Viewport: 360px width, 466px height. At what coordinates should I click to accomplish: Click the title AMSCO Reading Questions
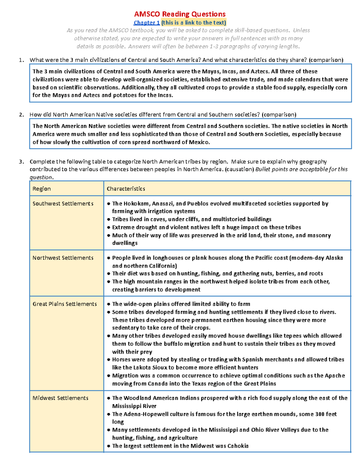(x=180, y=14)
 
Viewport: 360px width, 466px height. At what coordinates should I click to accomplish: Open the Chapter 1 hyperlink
(x=147, y=23)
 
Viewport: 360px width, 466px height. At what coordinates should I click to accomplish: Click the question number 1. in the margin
(x=21, y=60)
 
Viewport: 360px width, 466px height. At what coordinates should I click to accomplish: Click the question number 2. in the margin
(x=21, y=115)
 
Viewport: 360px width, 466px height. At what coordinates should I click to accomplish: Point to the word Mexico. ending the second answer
(x=199, y=142)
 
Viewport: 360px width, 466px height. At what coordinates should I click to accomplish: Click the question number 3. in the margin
(x=21, y=162)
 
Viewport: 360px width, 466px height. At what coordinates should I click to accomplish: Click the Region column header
(x=42, y=189)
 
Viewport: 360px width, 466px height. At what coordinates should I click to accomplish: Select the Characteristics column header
(x=126, y=189)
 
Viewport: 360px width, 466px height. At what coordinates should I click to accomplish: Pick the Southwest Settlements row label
(x=63, y=204)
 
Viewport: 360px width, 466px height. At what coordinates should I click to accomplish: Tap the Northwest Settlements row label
(x=63, y=258)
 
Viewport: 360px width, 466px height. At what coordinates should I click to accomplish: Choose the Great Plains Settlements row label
(x=65, y=304)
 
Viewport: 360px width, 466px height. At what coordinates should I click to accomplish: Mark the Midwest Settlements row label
(x=61, y=398)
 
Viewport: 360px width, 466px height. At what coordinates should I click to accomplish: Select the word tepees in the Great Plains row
(x=292, y=336)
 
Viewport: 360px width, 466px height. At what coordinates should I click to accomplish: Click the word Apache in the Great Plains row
(x=334, y=376)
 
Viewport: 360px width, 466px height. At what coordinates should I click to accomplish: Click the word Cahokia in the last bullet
(x=238, y=446)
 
